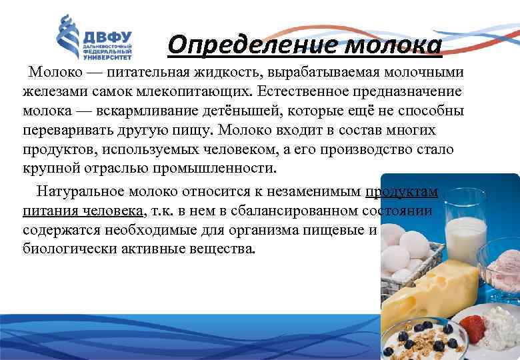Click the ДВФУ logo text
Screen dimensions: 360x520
(x=107, y=37)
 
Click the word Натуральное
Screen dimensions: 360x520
(x=83, y=192)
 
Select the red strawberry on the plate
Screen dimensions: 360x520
(x=473, y=327)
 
